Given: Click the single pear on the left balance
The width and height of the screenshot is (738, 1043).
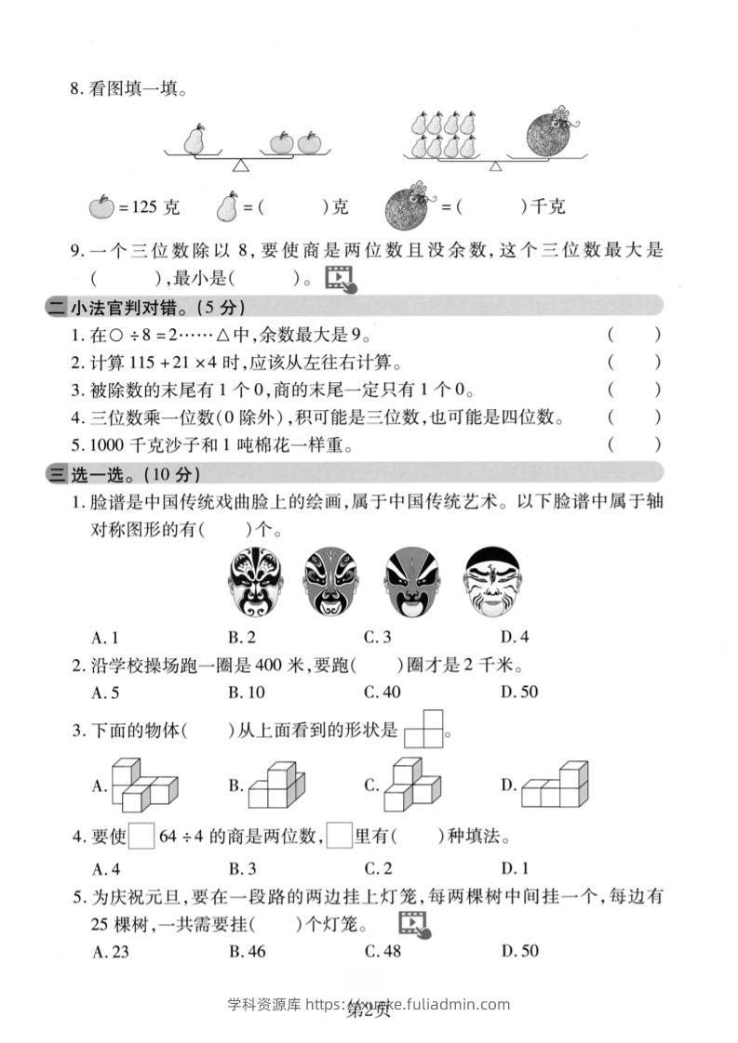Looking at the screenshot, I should click(x=195, y=139).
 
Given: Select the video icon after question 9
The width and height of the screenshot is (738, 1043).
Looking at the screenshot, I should click(x=340, y=278).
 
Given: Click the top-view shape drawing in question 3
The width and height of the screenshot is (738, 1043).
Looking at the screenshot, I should click(x=425, y=731).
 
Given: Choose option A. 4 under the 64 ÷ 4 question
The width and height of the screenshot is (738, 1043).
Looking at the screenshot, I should click(x=106, y=869).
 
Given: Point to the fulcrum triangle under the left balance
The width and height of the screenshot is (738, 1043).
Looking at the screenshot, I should click(x=241, y=165).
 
